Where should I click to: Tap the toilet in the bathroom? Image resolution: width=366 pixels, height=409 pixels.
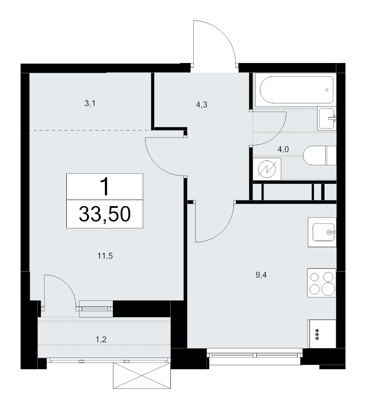pyautogui.click(x=320, y=155)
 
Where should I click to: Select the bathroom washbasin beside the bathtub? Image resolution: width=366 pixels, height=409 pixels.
pyautogui.click(x=327, y=118)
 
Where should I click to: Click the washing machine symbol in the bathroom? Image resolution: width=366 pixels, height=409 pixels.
pyautogui.click(x=267, y=169)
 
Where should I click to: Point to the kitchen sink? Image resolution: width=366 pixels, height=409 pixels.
pyautogui.click(x=322, y=232)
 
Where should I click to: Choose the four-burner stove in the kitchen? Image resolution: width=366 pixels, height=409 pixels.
pyautogui.click(x=322, y=283)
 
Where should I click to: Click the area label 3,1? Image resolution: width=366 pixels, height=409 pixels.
pyautogui.click(x=90, y=104)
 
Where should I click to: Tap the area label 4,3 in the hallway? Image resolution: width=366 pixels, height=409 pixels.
pyautogui.click(x=201, y=105)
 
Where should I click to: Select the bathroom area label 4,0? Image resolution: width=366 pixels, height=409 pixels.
pyautogui.click(x=283, y=150)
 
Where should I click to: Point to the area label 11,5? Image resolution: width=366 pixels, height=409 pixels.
pyautogui.click(x=105, y=256)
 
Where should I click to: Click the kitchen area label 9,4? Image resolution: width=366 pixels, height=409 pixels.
pyautogui.click(x=261, y=275)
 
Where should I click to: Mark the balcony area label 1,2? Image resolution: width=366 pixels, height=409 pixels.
pyautogui.click(x=101, y=339)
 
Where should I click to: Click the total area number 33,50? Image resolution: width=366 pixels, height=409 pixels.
pyautogui.click(x=105, y=214)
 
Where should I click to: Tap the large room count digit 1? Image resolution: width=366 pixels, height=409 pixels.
pyautogui.click(x=105, y=187)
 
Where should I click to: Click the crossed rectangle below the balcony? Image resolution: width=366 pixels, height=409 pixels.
pyautogui.click(x=142, y=376)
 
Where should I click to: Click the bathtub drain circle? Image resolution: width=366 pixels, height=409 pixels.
pyautogui.click(x=327, y=90)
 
